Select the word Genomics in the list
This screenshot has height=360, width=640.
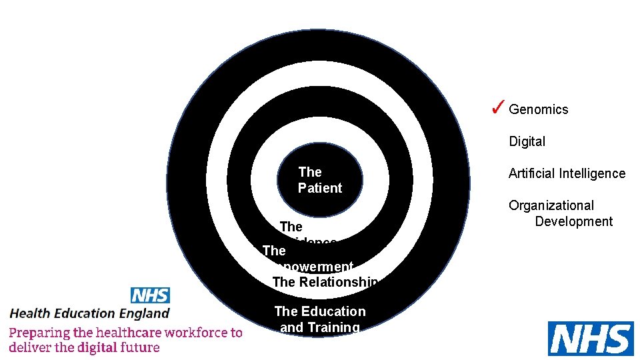tap(539, 109)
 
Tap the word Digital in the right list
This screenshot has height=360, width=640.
tap(527, 141)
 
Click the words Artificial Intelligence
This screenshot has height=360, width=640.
tap(567, 173)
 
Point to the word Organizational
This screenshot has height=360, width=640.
tap(551, 205)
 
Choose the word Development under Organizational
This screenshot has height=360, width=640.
tap(573, 221)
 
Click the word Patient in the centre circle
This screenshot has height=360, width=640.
tap(320, 188)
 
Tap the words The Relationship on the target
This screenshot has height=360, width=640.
tap(325, 282)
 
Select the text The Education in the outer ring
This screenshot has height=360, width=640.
tap(320, 311)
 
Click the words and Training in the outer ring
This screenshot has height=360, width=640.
tap(320, 327)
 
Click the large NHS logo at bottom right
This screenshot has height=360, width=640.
tap(590, 339)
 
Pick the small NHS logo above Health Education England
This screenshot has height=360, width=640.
tap(150, 295)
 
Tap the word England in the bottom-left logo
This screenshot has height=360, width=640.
tap(147, 313)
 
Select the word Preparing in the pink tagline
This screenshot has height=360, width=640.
tap(39, 332)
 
